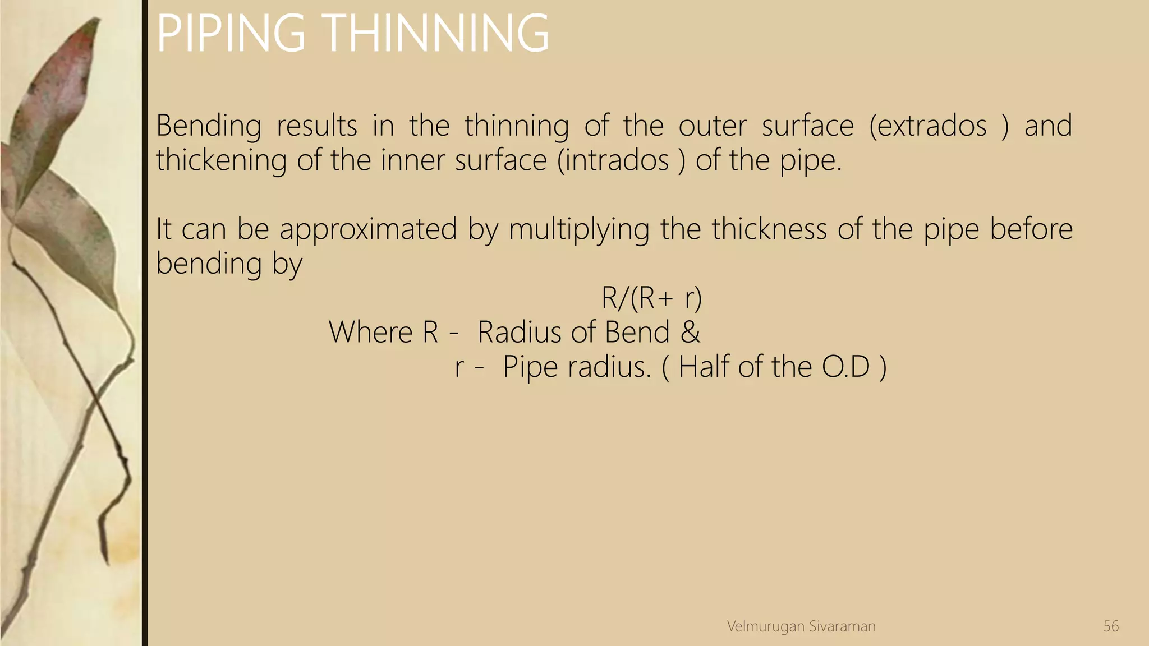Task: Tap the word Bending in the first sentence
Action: click(208, 126)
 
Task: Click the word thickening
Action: click(221, 160)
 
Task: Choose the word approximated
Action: click(368, 230)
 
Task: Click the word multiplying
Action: click(579, 230)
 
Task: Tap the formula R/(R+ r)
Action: click(651, 298)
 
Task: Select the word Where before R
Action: click(370, 332)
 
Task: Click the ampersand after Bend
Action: click(690, 332)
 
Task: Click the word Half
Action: click(704, 367)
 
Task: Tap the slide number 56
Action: click(1110, 626)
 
